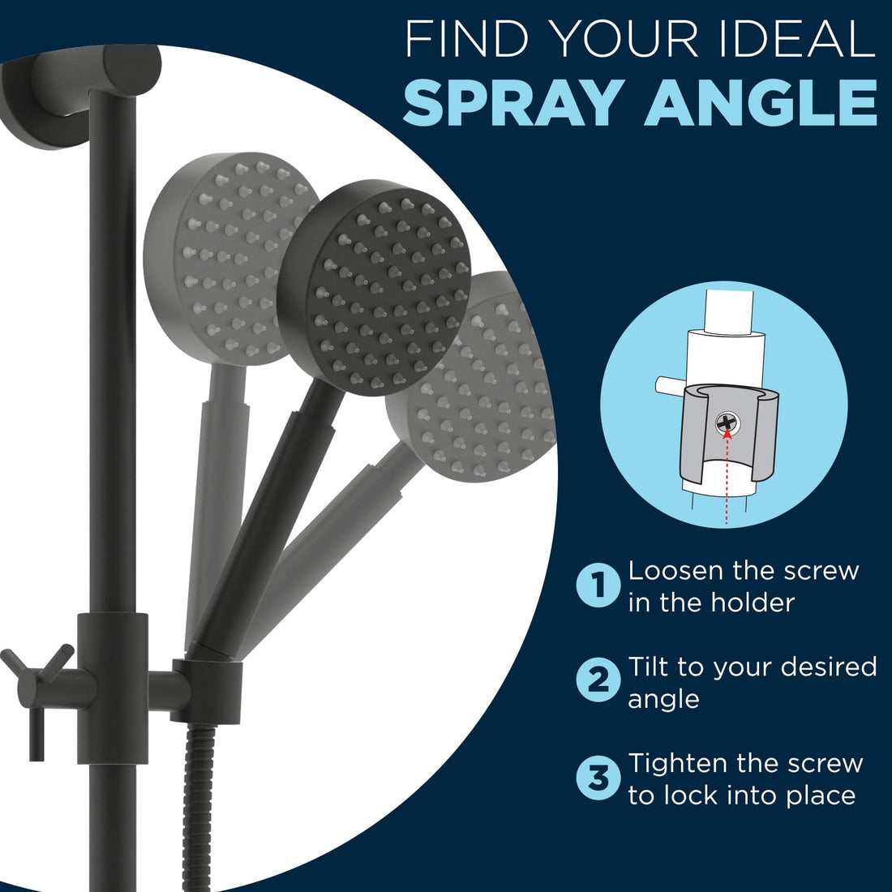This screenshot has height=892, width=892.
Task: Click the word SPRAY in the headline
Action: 510,103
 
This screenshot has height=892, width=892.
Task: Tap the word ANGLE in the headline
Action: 760,103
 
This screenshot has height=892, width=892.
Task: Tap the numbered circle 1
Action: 598,585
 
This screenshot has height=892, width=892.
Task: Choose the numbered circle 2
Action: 598,680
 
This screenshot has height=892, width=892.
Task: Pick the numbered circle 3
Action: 598,777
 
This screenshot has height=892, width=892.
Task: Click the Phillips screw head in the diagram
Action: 727,422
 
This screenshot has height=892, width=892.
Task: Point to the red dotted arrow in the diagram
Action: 727,477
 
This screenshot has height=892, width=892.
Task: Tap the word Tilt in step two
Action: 648,666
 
